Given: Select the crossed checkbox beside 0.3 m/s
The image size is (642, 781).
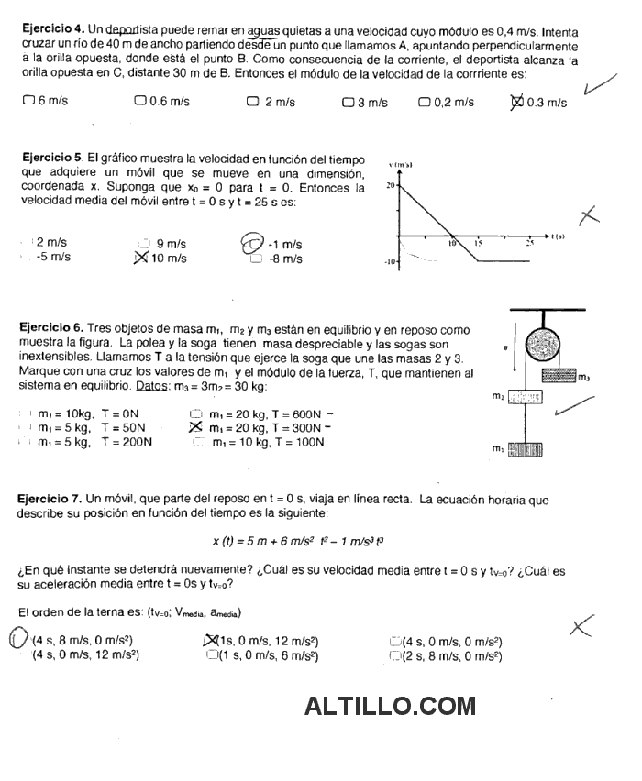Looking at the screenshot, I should click(x=516, y=102).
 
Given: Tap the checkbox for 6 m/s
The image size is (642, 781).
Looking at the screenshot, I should click(x=28, y=102).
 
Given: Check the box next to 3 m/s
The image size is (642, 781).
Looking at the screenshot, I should click(x=348, y=102).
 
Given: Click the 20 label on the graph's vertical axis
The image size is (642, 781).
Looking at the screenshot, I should click(x=389, y=185).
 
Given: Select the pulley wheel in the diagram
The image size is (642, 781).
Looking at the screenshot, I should click(x=548, y=349).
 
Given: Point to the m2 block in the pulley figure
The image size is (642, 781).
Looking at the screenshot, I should click(x=524, y=396).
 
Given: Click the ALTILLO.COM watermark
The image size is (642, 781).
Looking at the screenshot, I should click(x=390, y=706).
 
